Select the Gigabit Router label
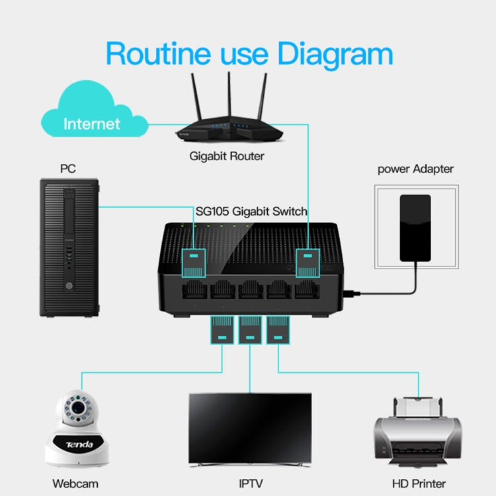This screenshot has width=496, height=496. click(227, 157)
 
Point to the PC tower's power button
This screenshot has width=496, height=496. click(67, 286)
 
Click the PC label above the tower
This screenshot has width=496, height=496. click(67, 169)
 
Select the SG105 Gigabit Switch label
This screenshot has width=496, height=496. click(252, 212)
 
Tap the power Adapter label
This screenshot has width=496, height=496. click(415, 169)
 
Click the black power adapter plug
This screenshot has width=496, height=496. click(415, 226)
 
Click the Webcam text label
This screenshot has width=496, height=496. click(75, 483)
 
